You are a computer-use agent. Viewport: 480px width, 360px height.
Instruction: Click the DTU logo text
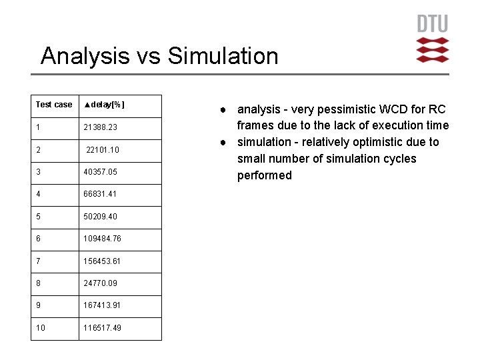click(x=433, y=24)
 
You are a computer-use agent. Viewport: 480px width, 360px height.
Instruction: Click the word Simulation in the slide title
click(x=223, y=56)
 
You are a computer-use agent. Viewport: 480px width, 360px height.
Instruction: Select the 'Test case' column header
click(x=54, y=105)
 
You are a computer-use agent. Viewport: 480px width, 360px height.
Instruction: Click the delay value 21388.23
click(x=100, y=127)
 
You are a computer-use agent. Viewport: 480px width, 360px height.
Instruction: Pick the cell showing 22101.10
click(x=103, y=149)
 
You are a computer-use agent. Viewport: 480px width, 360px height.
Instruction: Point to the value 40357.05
click(x=100, y=172)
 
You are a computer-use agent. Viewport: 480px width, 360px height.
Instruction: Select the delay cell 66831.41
click(x=100, y=194)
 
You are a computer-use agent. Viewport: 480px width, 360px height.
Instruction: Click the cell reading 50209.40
click(x=100, y=217)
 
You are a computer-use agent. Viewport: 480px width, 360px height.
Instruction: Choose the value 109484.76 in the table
click(x=102, y=239)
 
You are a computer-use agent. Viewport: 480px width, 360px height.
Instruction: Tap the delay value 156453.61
click(x=102, y=261)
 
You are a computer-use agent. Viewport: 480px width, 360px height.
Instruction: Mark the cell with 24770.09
click(x=100, y=283)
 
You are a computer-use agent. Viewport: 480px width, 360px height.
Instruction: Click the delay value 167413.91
click(x=102, y=305)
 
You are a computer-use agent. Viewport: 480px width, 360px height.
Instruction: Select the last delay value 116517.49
click(x=102, y=328)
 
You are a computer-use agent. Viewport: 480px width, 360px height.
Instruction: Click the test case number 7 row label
click(x=38, y=261)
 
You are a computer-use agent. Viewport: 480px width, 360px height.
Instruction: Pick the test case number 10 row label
click(x=40, y=328)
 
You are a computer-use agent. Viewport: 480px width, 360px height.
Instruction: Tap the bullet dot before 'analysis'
click(x=227, y=109)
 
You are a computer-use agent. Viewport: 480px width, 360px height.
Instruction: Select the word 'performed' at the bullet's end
click(x=265, y=175)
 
